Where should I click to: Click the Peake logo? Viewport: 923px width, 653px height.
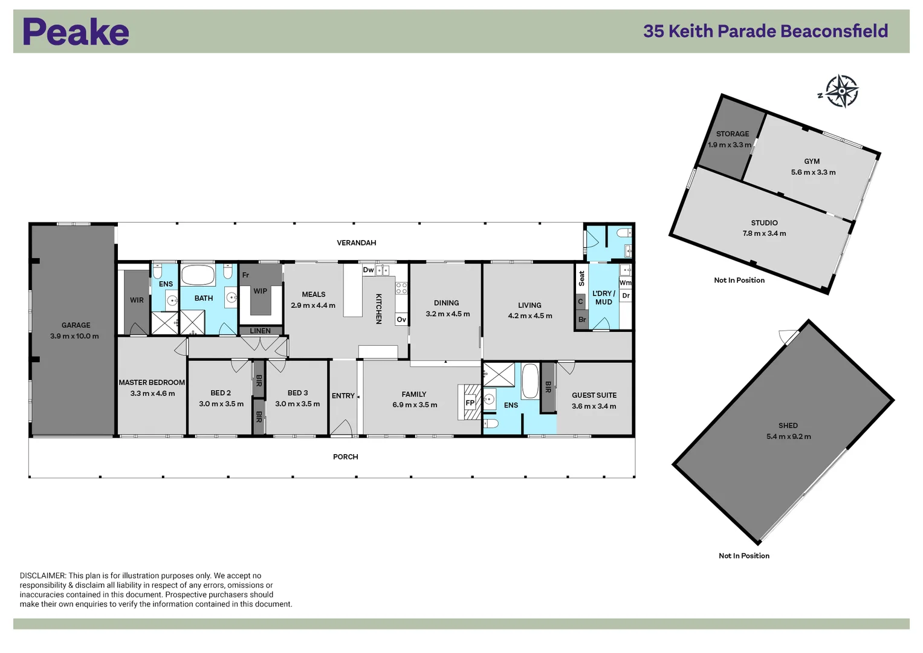pos(76,32)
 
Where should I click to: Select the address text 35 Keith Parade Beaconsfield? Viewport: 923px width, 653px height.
pos(765,31)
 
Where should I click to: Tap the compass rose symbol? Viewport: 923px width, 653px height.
pos(841,91)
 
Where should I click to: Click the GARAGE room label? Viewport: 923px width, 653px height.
pos(76,325)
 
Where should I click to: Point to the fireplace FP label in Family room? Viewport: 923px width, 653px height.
pos(470,403)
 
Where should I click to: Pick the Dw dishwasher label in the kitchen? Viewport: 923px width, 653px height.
pos(368,270)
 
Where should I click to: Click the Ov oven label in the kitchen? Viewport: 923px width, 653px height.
pos(401,319)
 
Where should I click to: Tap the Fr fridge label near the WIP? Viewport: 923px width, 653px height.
pos(245,275)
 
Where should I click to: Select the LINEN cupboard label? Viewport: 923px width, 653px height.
pos(260,331)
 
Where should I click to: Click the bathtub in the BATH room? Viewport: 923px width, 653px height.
pos(198,276)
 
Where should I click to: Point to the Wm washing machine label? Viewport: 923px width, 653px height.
pos(625,282)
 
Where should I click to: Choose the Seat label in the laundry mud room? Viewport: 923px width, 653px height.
pos(581,278)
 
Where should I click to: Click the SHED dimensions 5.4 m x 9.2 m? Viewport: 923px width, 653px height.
pos(788,437)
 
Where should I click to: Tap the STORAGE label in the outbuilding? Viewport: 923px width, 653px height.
pos(732,134)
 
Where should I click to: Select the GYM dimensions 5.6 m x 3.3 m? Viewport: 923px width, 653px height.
pos(813,172)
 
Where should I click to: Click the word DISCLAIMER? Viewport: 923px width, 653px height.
pos(42,576)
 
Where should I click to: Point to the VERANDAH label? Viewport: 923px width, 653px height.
pos(356,243)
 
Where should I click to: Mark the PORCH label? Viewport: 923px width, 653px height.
pos(345,457)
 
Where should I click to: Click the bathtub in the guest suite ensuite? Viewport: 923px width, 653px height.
pos(530,381)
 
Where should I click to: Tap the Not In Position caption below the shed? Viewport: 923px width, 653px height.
pos(743,556)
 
